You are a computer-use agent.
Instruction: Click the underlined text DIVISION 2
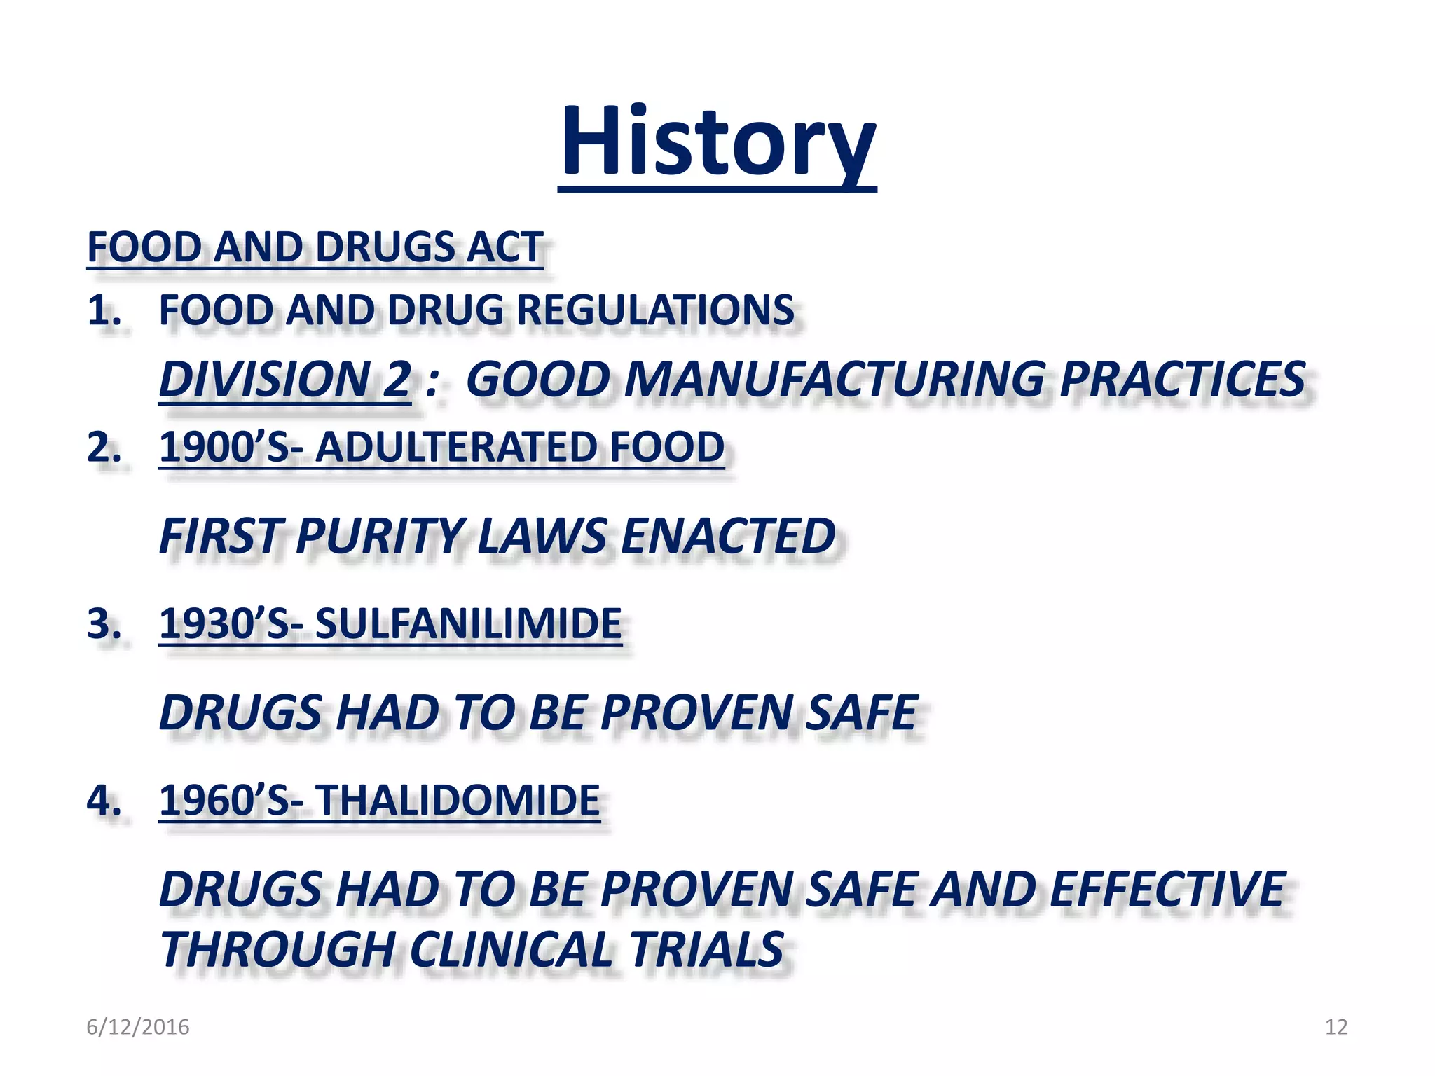coord(284,380)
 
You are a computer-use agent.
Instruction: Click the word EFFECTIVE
coord(1167,890)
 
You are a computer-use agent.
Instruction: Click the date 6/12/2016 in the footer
coord(137,1027)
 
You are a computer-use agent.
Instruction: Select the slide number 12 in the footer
coord(1336,1027)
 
